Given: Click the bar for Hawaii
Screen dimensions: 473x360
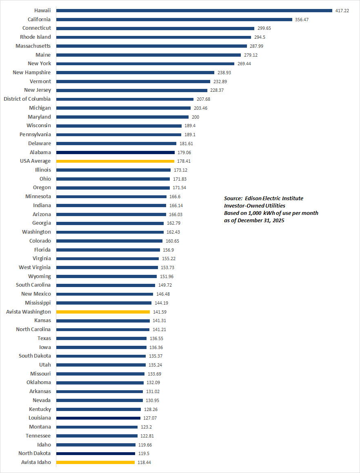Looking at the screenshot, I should point(194,11).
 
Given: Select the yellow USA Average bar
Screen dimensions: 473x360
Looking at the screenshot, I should point(115,161).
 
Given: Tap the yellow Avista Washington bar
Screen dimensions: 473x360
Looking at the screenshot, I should point(103,312).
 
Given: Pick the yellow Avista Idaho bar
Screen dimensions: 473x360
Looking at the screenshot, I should point(95,462).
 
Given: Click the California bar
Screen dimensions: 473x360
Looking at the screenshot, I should point(174,20).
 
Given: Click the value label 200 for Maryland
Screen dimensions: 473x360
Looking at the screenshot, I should point(196,117).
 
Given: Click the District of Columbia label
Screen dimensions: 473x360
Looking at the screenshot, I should point(27,99).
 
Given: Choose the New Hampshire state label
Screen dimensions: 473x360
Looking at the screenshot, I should point(32,73).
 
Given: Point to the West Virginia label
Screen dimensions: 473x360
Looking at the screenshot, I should point(35,267).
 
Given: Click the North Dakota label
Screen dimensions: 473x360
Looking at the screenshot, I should point(35,453).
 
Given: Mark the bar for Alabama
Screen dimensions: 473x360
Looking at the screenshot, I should point(115,152).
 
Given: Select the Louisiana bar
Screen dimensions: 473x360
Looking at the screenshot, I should point(98,418).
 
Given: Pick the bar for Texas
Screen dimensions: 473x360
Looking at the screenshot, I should point(101,338).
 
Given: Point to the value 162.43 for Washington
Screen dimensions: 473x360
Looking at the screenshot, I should point(173,232).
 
